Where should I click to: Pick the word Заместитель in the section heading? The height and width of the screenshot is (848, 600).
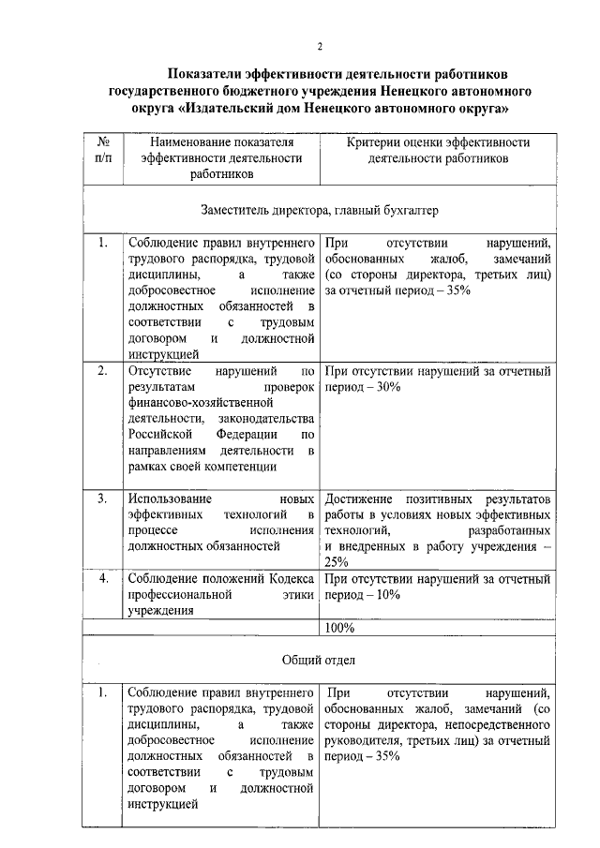(235, 210)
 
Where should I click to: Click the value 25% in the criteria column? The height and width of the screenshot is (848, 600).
(337, 561)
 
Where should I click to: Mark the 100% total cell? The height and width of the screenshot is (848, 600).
(339, 628)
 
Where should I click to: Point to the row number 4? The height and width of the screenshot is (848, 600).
(103, 578)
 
